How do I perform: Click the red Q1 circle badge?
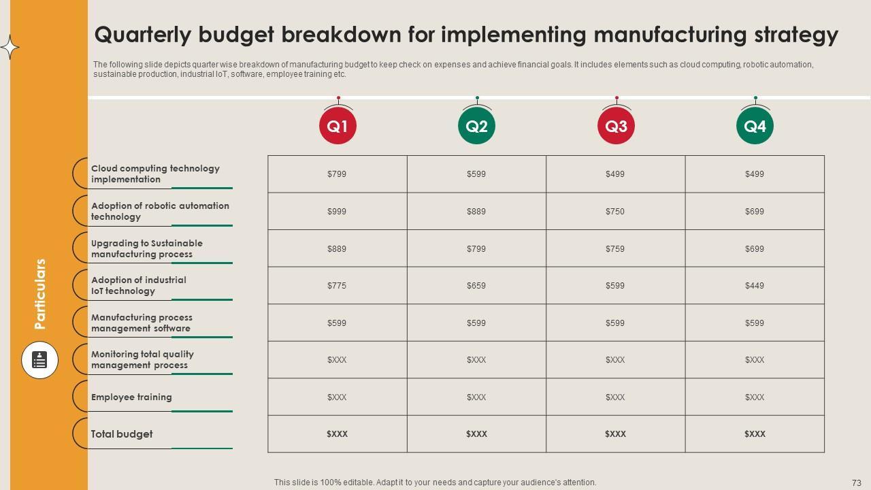[338, 126]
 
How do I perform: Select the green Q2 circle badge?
[476, 126]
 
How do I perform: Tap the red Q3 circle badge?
[616, 126]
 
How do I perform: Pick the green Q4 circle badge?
[755, 126]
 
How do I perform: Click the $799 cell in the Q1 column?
[337, 174]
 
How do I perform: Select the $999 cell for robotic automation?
[337, 212]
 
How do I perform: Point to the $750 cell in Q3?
[615, 212]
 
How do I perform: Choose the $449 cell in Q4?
[755, 286]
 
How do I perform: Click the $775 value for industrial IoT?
[337, 286]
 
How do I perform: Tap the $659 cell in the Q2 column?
[476, 286]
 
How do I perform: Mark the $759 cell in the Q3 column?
[615, 249]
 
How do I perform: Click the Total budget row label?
[122, 434]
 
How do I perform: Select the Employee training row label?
[131, 397]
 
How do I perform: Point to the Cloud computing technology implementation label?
[155, 174]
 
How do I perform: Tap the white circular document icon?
[39, 360]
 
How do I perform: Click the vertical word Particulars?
[41, 294]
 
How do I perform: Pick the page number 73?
[856, 483]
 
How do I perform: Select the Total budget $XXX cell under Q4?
[755, 434]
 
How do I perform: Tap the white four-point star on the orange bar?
[10, 48]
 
